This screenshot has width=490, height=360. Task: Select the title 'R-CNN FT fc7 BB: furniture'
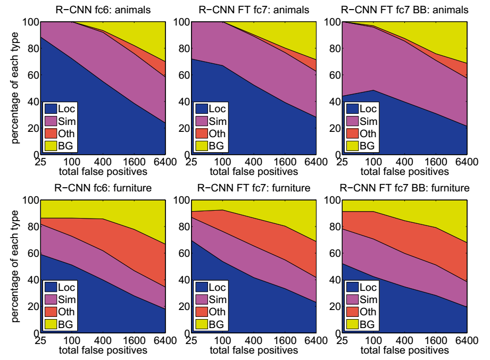[x=404, y=188]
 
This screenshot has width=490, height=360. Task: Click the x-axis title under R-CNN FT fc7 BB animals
[x=404, y=171]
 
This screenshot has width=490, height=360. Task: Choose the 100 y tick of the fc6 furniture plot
[x=28, y=200]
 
